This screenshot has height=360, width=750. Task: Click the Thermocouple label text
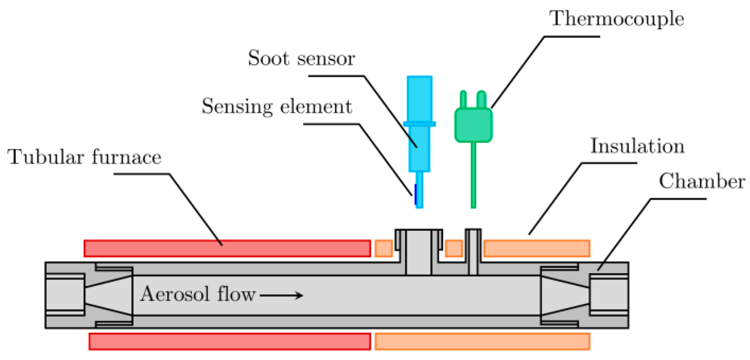(x=617, y=19)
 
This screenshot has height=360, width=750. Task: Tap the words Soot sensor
(x=301, y=58)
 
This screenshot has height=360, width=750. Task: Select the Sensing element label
(x=277, y=106)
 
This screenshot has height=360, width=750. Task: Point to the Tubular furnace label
(x=84, y=157)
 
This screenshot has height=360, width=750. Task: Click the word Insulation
(x=637, y=146)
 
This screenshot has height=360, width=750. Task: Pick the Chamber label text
(x=701, y=181)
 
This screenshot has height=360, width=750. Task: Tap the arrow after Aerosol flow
(x=281, y=295)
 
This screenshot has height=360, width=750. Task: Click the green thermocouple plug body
(x=473, y=125)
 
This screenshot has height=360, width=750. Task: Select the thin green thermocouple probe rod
(x=473, y=175)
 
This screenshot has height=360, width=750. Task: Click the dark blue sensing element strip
(x=415, y=194)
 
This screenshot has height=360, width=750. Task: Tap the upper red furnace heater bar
(x=227, y=248)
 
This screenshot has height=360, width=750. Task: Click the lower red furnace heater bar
(x=230, y=341)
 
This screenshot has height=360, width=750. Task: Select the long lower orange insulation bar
(x=482, y=341)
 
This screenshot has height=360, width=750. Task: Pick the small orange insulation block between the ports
(x=454, y=248)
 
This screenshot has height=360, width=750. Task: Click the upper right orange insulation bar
(x=537, y=248)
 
